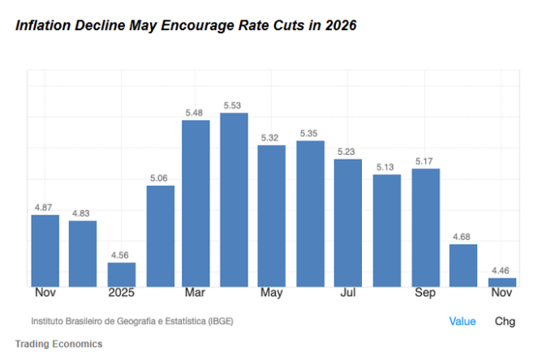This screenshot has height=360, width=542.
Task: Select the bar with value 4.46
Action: [502, 282]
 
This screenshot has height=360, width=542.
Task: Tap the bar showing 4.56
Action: [122, 274]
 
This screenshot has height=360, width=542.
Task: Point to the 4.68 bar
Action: [463, 265]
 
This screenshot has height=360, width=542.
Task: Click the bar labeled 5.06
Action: [160, 236]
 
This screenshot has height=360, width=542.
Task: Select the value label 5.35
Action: [308, 134]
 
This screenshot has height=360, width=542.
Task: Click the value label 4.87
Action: [44, 208]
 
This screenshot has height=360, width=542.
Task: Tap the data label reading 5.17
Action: [424, 161]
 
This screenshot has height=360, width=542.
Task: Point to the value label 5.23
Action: [347, 152]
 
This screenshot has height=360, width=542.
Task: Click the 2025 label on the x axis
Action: [122, 293]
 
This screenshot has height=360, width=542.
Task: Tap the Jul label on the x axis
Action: [348, 293]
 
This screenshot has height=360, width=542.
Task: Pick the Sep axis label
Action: [424, 293]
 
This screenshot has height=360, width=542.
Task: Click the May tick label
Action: [272, 293]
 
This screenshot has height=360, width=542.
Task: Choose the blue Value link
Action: [462, 321]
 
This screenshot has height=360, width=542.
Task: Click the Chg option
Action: [505, 321]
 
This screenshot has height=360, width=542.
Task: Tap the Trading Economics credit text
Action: [58, 345]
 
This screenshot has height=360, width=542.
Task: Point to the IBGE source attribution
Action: [132, 321]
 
